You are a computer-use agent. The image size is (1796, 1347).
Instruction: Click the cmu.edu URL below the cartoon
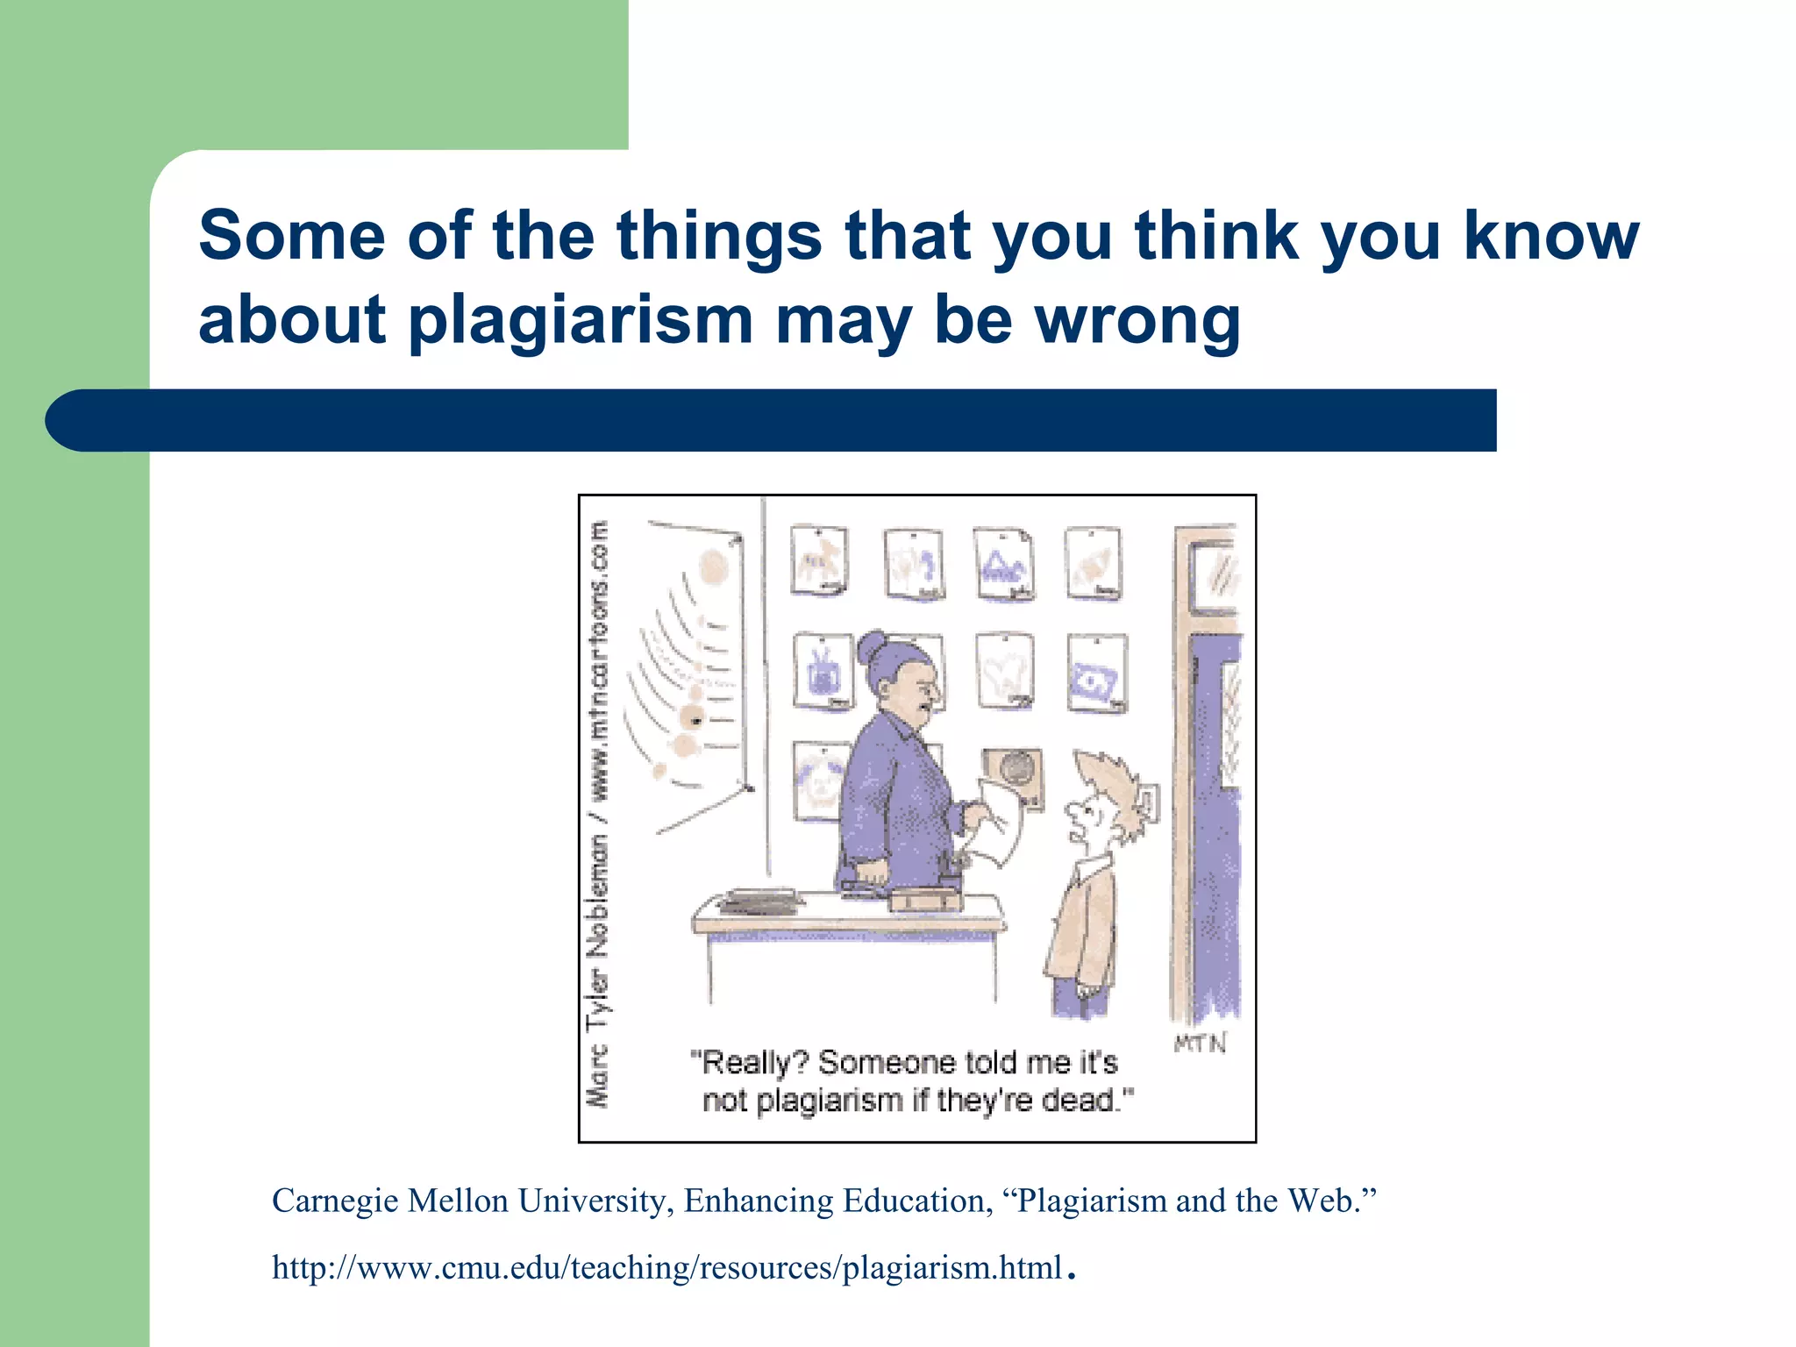pos(666,1268)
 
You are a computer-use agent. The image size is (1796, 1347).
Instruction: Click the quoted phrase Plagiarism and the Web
pos(1196,1201)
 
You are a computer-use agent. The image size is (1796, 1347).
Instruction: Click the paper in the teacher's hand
pos(1000,820)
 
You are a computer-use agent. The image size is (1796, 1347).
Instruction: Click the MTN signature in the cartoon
pos(1200,1043)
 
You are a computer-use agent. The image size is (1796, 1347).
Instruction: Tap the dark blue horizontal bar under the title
pos(772,421)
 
